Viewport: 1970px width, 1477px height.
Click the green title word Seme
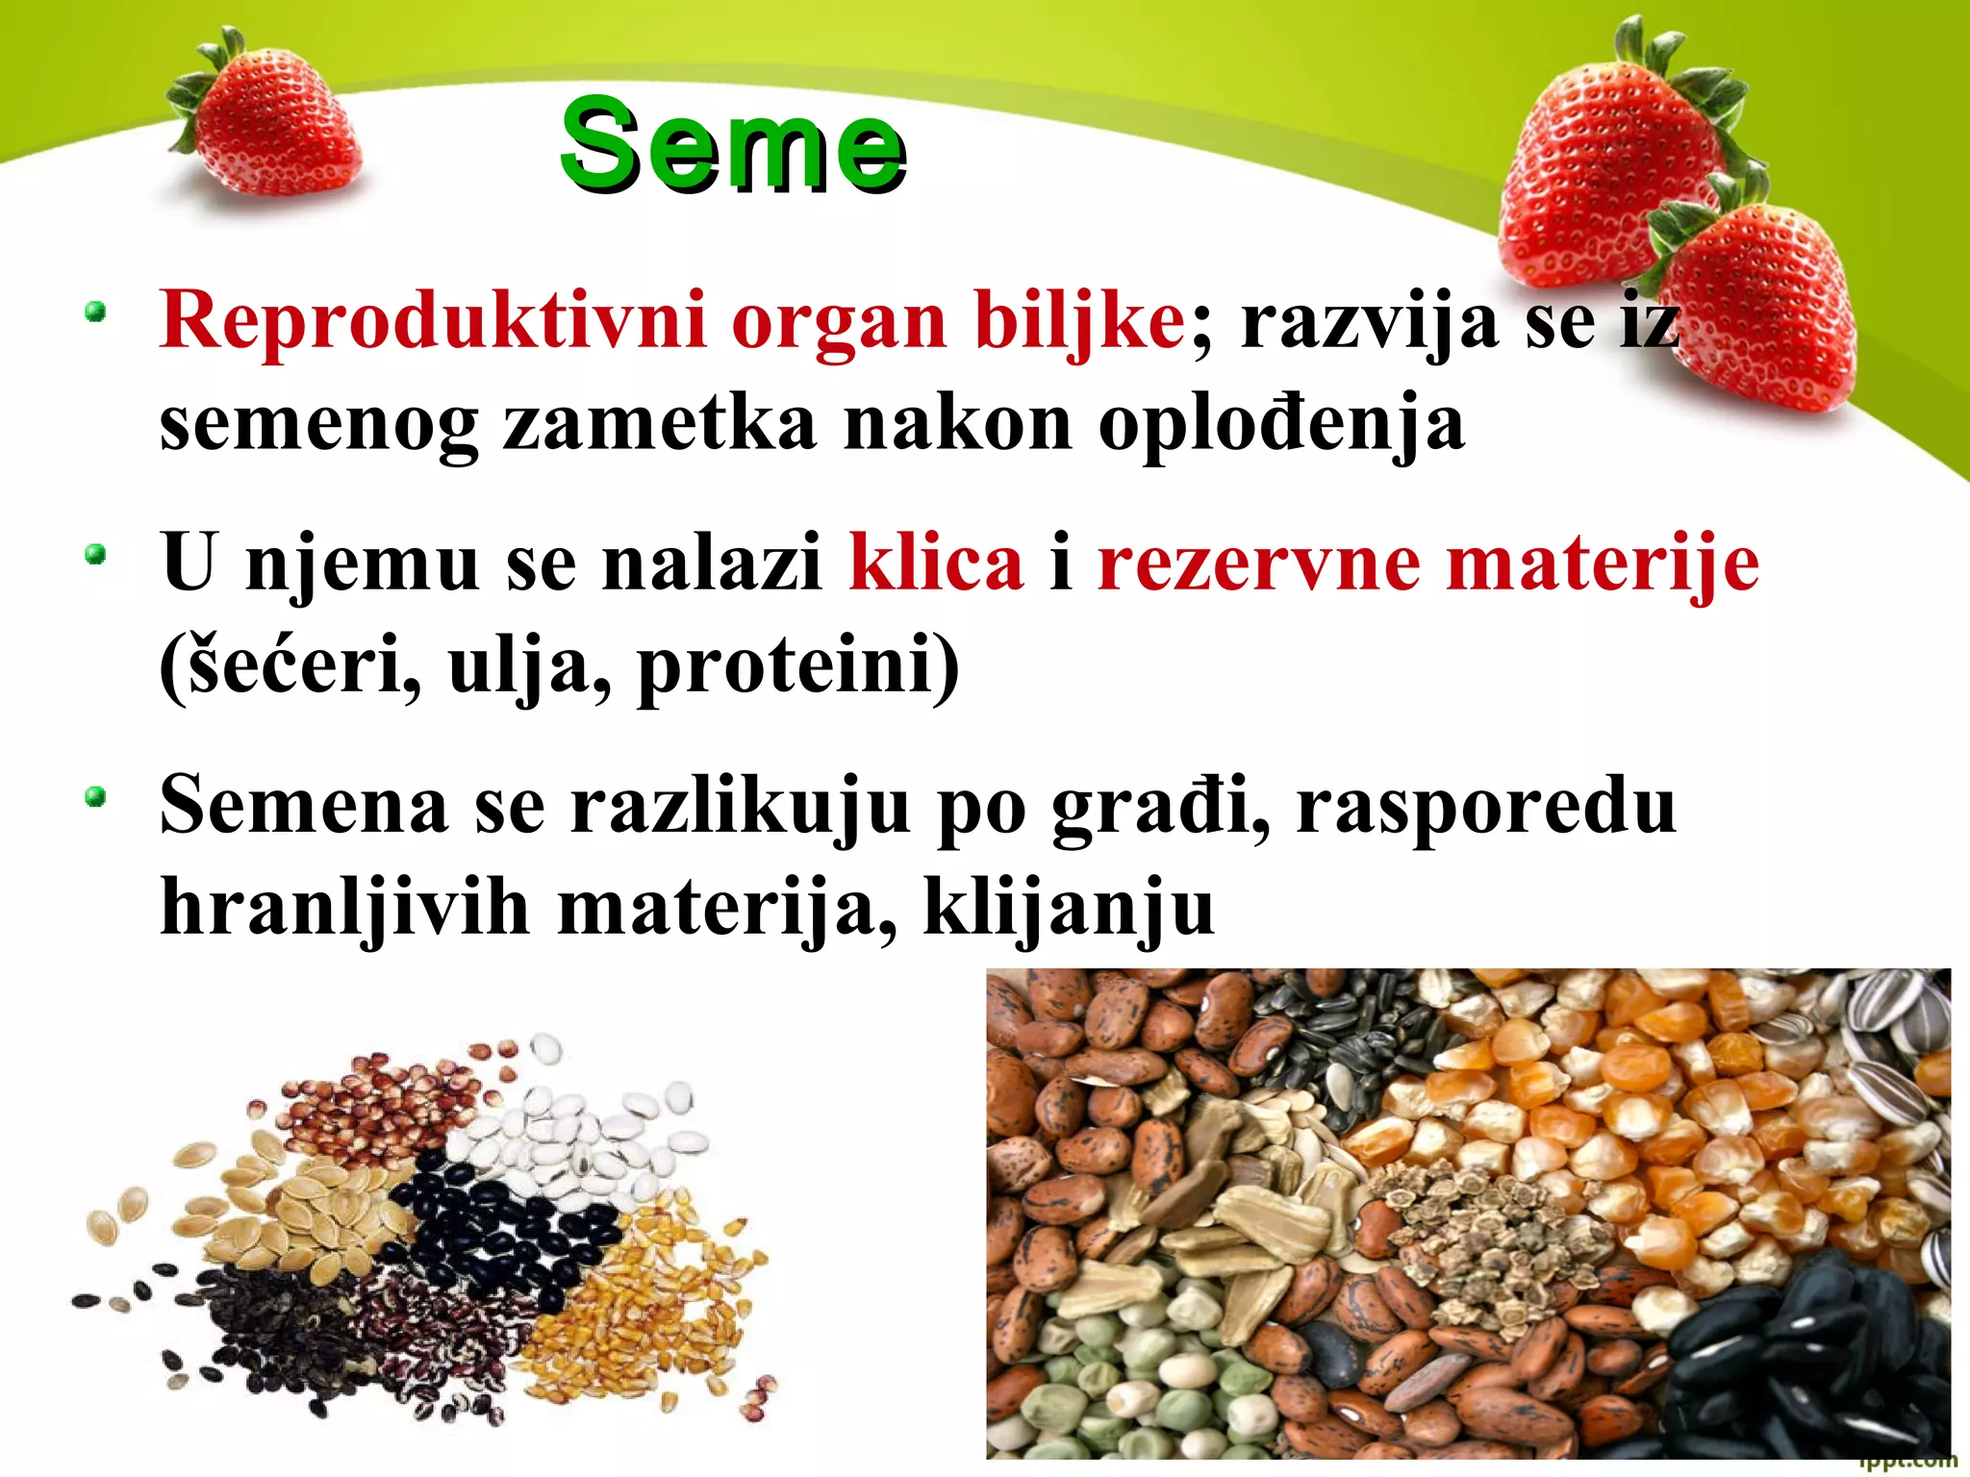pos(733,146)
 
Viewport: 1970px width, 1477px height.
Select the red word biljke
pos(1079,320)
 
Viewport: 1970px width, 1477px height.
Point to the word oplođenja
pos(1281,423)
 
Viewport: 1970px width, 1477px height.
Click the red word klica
pos(936,563)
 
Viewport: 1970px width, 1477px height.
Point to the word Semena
pos(304,806)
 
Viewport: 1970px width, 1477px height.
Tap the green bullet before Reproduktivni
pos(94,313)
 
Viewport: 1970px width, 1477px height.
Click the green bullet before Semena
pos(94,797)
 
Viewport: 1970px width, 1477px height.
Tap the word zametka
pos(660,423)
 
